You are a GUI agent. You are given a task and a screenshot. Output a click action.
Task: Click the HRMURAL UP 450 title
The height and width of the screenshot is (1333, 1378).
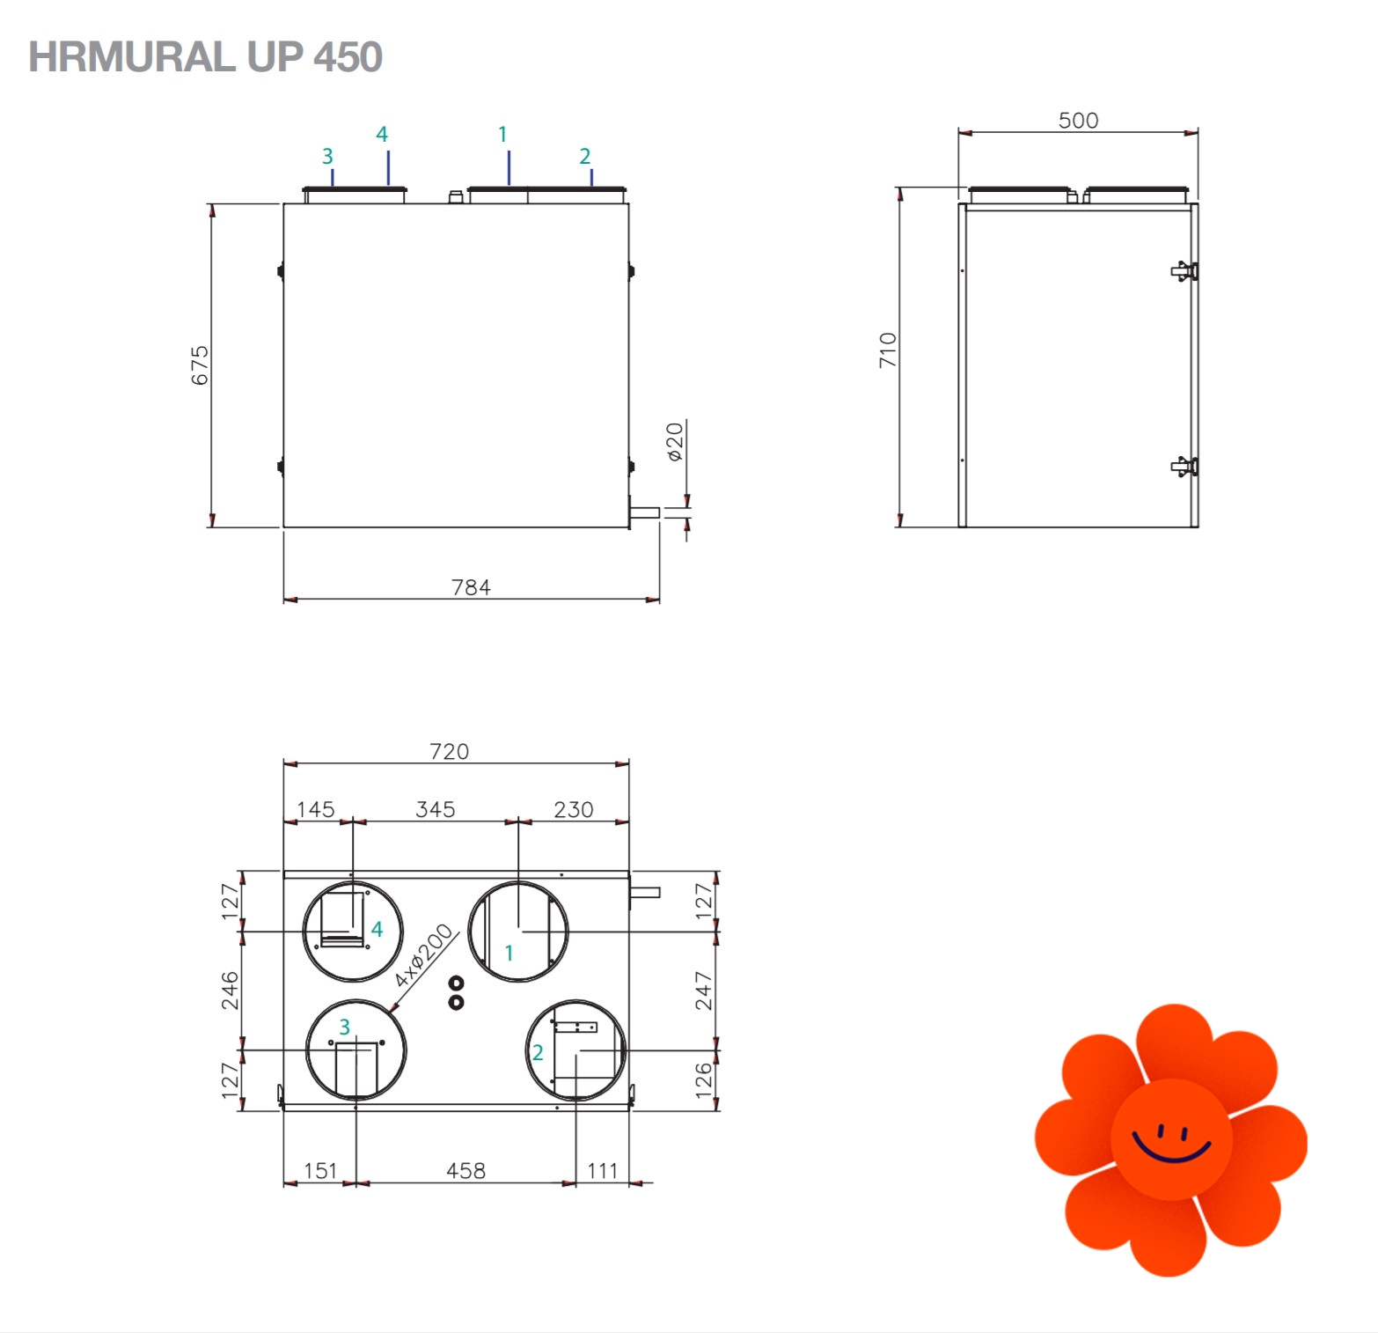tap(205, 57)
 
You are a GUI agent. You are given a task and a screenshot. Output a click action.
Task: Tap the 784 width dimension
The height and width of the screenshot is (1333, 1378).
tap(471, 587)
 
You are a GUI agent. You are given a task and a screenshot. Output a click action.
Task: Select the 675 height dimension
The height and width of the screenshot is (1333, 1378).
tap(201, 365)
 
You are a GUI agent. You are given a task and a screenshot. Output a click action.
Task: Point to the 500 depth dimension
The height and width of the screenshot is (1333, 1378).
tap(1078, 121)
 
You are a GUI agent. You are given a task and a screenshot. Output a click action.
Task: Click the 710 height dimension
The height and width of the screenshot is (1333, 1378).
tap(888, 350)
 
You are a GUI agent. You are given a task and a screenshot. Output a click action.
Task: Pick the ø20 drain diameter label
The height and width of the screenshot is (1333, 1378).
tap(675, 442)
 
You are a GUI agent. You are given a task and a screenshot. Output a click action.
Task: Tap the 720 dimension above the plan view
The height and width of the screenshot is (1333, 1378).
tap(449, 751)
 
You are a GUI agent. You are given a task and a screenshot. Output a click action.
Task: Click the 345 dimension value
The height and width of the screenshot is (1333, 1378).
tap(436, 809)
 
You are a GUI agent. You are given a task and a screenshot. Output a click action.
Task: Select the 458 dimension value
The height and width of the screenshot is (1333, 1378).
tap(465, 1170)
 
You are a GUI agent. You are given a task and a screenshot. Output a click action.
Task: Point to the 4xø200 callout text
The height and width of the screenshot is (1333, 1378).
tap(423, 955)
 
